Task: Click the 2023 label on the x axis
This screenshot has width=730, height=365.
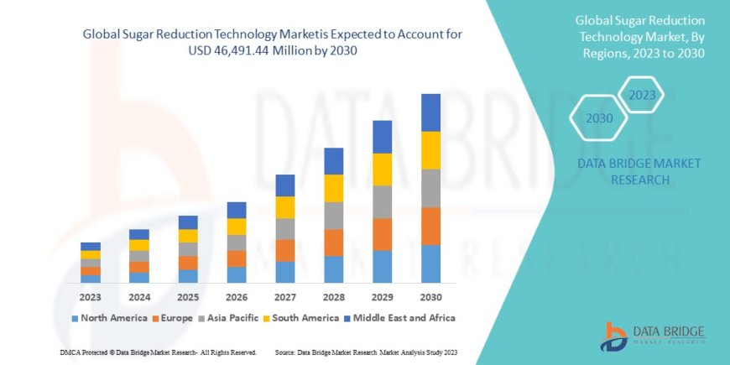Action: coord(90,297)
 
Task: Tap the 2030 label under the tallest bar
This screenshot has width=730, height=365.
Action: coord(430,297)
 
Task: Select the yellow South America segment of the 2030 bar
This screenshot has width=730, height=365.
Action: coord(430,150)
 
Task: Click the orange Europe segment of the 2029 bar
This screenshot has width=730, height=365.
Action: coord(382,234)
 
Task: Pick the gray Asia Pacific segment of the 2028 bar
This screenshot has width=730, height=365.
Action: coord(333,216)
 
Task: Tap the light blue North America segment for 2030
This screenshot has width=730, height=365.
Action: coord(430,263)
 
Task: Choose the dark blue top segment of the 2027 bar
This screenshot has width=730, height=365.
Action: coord(284,185)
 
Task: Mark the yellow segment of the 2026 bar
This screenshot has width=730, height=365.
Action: coord(237,227)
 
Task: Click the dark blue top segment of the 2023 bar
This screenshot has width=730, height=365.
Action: coord(90,247)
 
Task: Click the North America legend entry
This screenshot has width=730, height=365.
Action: coord(101,318)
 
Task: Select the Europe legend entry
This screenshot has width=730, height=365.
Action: coord(174,318)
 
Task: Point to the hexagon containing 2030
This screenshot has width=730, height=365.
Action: coord(599,118)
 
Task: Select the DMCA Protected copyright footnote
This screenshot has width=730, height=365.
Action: coord(159,352)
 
